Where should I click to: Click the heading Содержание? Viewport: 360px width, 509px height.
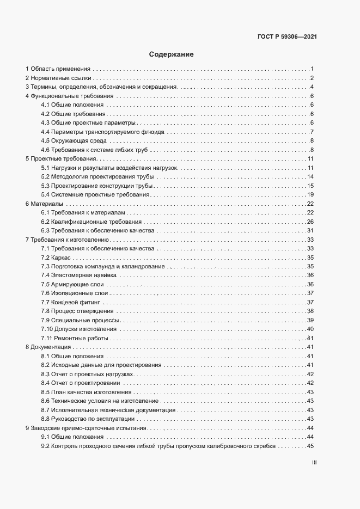point(171,54)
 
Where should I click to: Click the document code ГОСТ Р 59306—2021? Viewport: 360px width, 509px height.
point(287,38)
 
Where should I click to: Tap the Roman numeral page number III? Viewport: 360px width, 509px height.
point(314,463)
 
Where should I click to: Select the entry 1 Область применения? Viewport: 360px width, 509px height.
point(58,69)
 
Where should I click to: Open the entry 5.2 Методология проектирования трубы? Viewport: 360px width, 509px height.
point(97,177)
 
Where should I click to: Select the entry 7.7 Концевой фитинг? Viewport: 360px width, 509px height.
point(70,302)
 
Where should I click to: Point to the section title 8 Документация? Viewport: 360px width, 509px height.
point(48,347)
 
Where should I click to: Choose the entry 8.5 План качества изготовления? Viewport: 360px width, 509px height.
point(86,392)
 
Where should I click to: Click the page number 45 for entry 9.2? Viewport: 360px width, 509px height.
point(311,446)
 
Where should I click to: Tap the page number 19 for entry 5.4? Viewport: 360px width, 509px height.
point(311,195)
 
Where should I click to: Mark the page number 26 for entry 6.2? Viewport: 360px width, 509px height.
point(311,222)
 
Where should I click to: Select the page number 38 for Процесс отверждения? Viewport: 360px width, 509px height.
point(311,311)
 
